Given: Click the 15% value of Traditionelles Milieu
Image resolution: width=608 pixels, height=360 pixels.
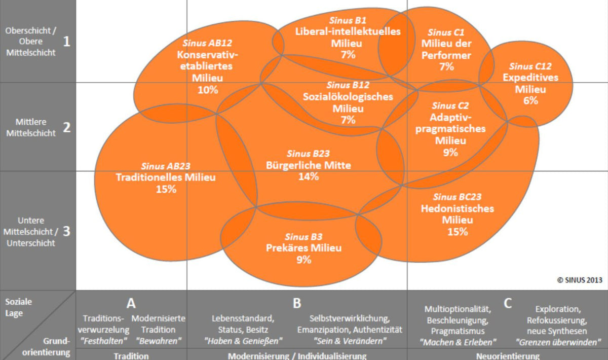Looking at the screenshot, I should pyautogui.click(x=166, y=189).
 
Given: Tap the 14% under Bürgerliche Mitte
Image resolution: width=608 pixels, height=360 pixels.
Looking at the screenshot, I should pyautogui.click(x=308, y=176).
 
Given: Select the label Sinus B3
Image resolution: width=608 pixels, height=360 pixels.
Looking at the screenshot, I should pyautogui.click(x=303, y=236).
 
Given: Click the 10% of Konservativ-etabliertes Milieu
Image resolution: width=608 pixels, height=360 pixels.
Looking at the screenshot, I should pyautogui.click(x=208, y=90).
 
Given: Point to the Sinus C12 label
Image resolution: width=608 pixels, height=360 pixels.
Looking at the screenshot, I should pyautogui.click(x=530, y=66).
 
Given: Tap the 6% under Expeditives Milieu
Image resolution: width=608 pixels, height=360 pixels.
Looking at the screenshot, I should pyautogui.click(x=530, y=100).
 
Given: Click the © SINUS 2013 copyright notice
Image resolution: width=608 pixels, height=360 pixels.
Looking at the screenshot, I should pyautogui.click(x=579, y=279).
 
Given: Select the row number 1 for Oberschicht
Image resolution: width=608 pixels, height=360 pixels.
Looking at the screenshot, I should pyautogui.click(x=66, y=41).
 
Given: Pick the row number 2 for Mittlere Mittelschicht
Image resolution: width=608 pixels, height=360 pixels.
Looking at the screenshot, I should pyautogui.click(x=66, y=127).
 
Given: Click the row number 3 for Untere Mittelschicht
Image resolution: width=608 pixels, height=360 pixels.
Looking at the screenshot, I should pyautogui.click(x=66, y=231).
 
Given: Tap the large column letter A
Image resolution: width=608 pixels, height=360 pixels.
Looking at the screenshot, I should pyautogui.click(x=131, y=303).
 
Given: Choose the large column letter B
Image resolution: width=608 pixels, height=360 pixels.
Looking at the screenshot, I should pyautogui.click(x=297, y=303).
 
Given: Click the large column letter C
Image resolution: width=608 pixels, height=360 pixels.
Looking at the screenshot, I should pyautogui.click(x=508, y=303).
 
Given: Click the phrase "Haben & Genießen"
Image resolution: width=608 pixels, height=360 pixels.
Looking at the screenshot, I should pyautogui.click(x=243, y=341).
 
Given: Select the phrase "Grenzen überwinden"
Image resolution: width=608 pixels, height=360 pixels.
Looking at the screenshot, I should pyautogui.click(x=558, y=341).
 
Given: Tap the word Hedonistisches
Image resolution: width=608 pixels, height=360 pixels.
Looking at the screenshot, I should pyautogui.click(x=457, y=208).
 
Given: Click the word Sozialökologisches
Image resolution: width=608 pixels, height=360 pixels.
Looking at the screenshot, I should pyautogui.click(x=348, y=96).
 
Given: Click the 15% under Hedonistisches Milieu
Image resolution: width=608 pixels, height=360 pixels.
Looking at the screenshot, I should pyautogui.click(x=457, y=232).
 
